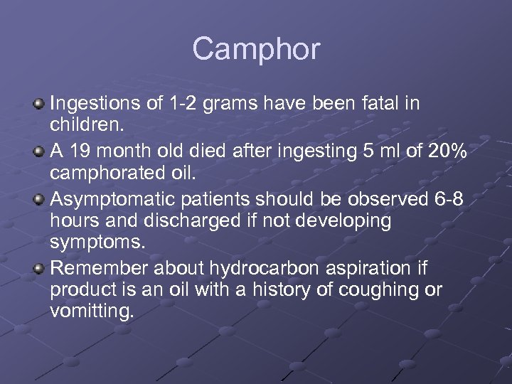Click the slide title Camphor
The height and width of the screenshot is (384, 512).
(x=256, y=49)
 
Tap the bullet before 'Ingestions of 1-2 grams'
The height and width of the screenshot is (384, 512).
(x=39, y=105)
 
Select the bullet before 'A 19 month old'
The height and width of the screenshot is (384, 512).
(x=39, y=151)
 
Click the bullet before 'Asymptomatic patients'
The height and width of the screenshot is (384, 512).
(x=39, y=198)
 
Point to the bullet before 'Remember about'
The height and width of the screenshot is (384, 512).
(x=39, y=268)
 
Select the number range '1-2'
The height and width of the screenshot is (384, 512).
(x=184, y=104)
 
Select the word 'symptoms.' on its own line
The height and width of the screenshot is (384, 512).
(x=97, y=243)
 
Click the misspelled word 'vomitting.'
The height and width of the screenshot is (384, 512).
(x=91, y=311)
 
